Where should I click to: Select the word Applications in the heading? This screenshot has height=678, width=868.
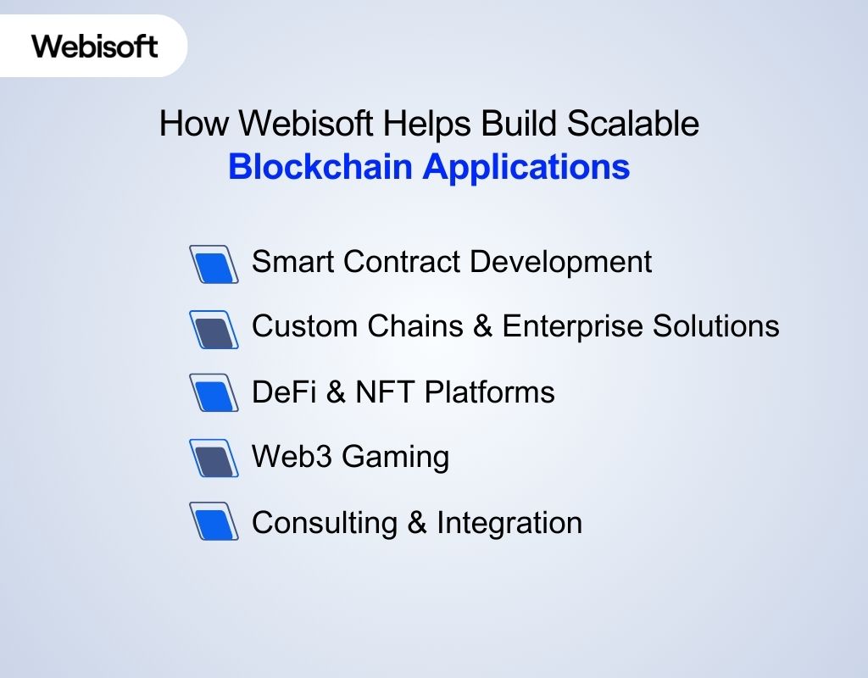(526, 168)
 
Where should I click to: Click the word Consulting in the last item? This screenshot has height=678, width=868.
(325, 523)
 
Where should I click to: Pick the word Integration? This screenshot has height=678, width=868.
(509, 524)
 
